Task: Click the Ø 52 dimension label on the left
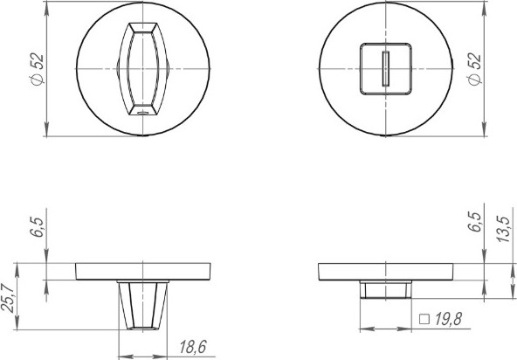pyautogui.click(x=38, y=69)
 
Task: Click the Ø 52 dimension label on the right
pyautogui.click(x=475, y=69)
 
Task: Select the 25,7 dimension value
pyautogui.click(x=8, y=298)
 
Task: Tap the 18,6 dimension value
pyautogui.click(x=193, y=347)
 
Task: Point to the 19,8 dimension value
pyautogui.click(x=448, y=319)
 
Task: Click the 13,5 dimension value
pyautogui.click(x=504, y=229)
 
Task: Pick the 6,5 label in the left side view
pyautogui.click(x=37, y=227)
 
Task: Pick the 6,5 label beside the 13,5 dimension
pyautogui.click(x=475, y=222)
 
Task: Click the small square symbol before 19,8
pyautogui.click(x=424, y=319)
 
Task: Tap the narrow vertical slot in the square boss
pyautogui.click(x=386, y=69)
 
